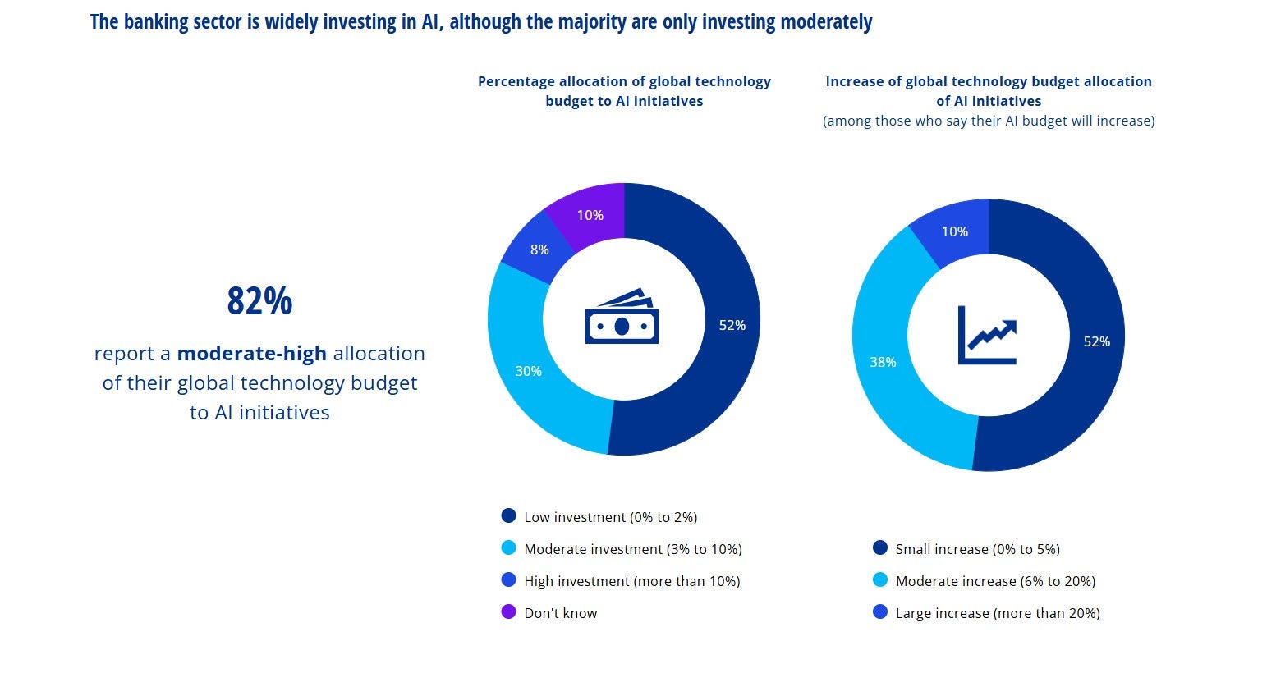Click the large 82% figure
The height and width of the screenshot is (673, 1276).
pyautogui.click(x=259, y=301)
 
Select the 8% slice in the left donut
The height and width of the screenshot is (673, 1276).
pyautogui.click(x=539, y=250)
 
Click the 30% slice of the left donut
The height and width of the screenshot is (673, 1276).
pyautogui.click(x=528, y=371)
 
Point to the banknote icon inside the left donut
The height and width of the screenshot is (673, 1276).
pyautogui.click(x=622, y=317)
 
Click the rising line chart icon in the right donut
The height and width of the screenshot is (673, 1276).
pyautogui.click(x=987, y=335)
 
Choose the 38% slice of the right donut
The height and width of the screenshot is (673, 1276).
pyautogui.click(x=883, y=362)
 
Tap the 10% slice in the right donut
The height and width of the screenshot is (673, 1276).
pyautogui.click(x=954, y=231)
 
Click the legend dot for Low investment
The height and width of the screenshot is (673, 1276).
pyautogui.click(x=508, y=516)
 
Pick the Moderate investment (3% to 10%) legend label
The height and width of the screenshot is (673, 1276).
pyautogui.click(x=632, y=549)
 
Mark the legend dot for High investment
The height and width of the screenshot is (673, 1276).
pyautogui.click(x=508, y=580)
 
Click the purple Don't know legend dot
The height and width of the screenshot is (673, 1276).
pyautogui.click(x=508, y=612)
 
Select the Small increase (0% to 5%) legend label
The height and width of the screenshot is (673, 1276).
pyautogui.click(x=977, y=549)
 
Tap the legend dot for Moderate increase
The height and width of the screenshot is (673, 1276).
pyautogui.click(x=880, y=580)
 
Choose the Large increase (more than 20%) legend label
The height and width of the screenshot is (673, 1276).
pyautogui.click(x=997, y=613)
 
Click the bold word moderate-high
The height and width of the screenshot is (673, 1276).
pyautogui.click(x=252, y=354)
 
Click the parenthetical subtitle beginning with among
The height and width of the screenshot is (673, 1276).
pyautogui.click(x=989, y=121)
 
